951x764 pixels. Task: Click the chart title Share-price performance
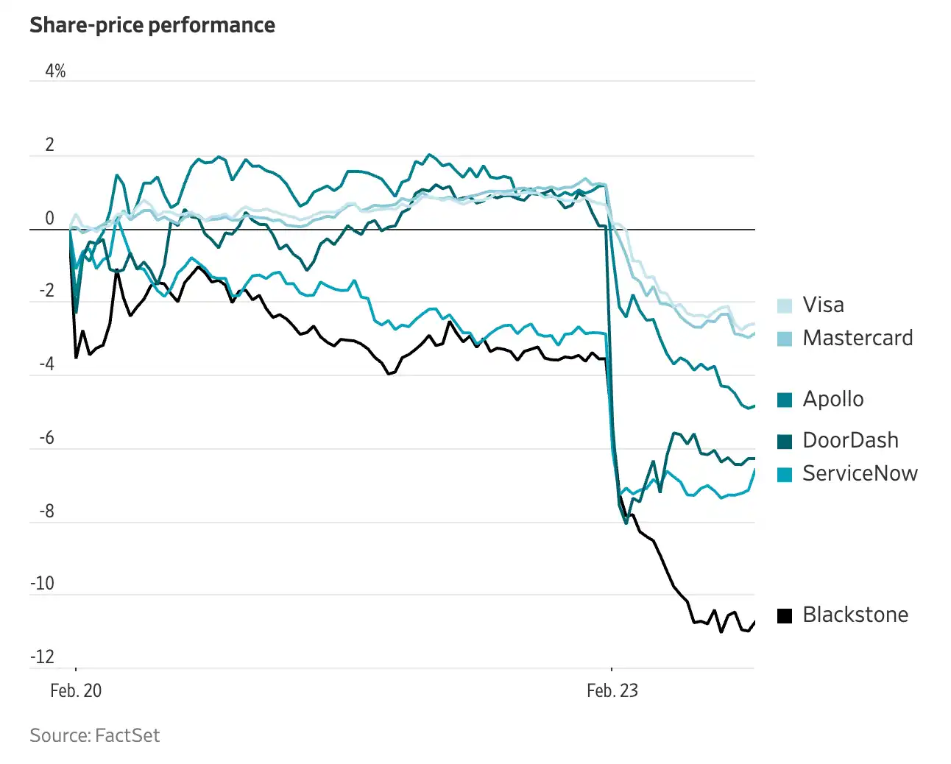point(152,25)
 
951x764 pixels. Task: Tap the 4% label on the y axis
point(55,71)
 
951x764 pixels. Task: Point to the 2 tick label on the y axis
point(50,145)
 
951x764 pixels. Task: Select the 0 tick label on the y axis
point(50,219)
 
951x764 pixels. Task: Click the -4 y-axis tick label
point(47,364)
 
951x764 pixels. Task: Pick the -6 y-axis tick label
point(47,438)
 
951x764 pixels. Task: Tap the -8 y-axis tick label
point(47,512)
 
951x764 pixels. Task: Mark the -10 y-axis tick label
point(43,584)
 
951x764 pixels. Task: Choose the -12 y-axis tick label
point(43,657)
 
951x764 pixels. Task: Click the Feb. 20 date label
point(76,691)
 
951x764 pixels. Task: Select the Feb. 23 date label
point(612,691)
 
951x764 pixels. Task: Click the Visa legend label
point(823,305)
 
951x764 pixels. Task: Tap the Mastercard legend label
point(858,338)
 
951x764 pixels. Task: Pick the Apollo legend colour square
point(785,400)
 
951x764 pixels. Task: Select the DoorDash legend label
point(850,440)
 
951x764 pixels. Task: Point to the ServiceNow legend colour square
point(785,474)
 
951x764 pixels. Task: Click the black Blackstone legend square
point(785,615)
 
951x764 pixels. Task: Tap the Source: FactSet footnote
point(95,735)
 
